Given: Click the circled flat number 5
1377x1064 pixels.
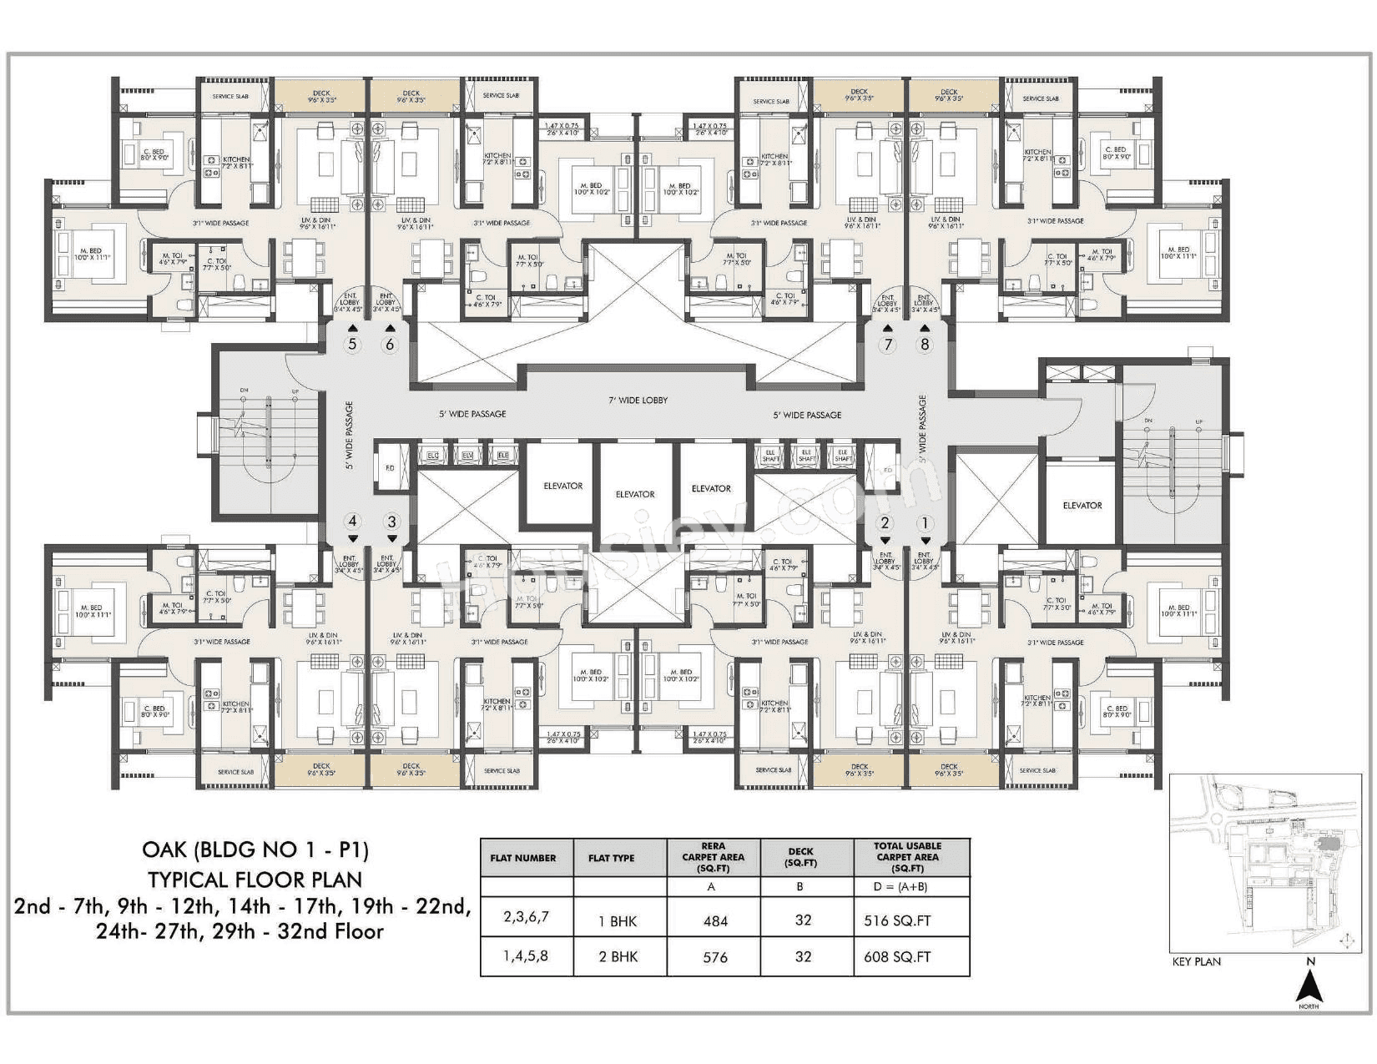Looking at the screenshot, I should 352,345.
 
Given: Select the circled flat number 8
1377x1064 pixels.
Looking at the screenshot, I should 924,345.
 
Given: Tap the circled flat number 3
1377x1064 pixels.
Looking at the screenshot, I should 391,522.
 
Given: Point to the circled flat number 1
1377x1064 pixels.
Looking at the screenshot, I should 924,523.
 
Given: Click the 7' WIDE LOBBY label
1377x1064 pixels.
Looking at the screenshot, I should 638,401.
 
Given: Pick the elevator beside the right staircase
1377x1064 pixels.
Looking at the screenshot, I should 1082,506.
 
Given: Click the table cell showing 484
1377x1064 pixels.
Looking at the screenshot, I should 714,921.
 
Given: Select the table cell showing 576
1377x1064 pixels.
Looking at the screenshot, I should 714,957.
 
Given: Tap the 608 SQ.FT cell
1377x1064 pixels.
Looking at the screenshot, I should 897,957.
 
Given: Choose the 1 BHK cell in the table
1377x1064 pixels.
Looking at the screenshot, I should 618,921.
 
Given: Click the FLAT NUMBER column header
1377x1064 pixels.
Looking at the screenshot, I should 523,858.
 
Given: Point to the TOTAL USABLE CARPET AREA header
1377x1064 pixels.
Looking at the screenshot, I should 907,857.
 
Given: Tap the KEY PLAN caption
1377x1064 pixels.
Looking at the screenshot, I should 1196,961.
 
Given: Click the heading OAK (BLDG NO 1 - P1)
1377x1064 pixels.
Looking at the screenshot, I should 255,850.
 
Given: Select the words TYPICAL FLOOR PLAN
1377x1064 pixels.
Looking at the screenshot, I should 255,880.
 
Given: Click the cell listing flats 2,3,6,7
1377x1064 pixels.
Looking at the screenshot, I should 526,916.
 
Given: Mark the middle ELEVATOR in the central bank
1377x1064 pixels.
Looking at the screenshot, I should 635,494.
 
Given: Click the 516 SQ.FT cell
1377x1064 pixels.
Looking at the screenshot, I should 897,921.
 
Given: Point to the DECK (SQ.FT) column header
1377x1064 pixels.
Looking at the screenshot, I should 802,857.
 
